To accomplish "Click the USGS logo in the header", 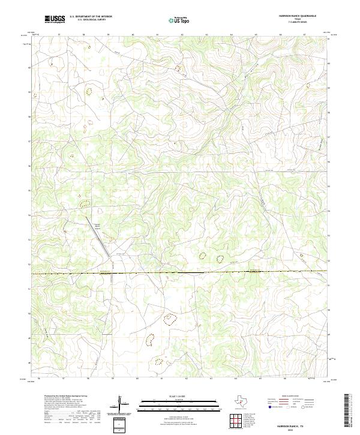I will coord(55,19).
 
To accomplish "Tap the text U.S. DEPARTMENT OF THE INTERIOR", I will coord(91,17).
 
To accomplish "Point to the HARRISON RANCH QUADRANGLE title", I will coord(298,16).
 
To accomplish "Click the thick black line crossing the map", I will coord(180,272).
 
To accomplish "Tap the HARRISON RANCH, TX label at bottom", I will coord(298,424).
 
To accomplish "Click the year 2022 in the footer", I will coord(298,430).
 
